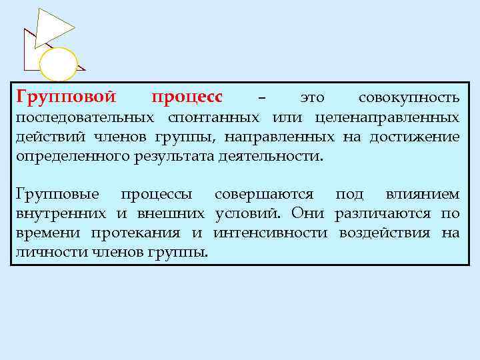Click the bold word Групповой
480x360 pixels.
point(65,97)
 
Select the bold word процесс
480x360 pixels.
point(187,97)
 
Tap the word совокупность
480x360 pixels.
point(409,98)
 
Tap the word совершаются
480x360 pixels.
point(264,195)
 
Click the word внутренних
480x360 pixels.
point(61,214)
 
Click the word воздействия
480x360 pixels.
point(387,233)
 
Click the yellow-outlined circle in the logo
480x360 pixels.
point(59,65)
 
